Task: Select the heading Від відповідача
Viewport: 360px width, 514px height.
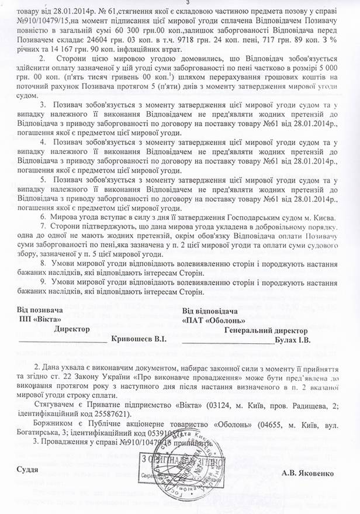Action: pyautogui.click(x=209, y=310)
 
